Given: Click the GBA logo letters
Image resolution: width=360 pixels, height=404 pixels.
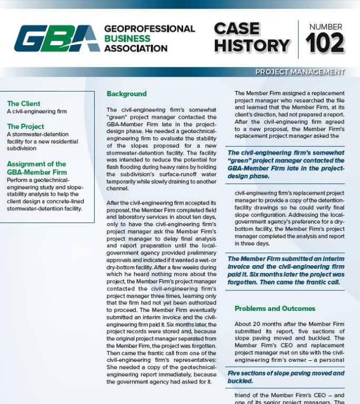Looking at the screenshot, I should (x=57, y=38).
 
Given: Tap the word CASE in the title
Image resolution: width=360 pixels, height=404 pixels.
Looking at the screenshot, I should (x=237, y=28).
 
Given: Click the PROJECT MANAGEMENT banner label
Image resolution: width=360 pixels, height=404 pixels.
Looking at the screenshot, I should (x=299, y=72).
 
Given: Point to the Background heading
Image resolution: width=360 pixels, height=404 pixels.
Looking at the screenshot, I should (x=126, y=94).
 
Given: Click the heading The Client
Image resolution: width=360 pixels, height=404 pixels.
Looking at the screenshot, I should (x=24, y=104).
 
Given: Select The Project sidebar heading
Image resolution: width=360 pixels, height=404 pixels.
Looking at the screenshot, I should (x=26, y=126).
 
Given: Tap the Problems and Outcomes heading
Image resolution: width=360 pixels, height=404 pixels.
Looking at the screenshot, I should (x=275, y=308).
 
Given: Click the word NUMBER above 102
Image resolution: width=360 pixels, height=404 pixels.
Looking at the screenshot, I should (x=325, y=27).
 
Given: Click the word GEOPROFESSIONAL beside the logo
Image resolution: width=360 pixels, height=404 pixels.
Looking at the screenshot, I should (x=149, y=28).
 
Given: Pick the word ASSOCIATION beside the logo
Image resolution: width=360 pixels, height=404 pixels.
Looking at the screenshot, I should (x=136, y=48).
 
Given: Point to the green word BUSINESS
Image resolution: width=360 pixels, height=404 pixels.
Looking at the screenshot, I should (x=127, y=38).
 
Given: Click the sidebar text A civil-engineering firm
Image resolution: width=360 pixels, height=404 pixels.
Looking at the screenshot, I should (x=37, y=112).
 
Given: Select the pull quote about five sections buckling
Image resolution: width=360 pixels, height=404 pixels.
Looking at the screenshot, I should (x=286, y=377).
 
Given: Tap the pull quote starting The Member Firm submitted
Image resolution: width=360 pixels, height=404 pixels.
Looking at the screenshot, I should (x=286, y=270).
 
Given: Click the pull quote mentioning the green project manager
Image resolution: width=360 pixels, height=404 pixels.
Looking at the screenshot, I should (x=286, y=164).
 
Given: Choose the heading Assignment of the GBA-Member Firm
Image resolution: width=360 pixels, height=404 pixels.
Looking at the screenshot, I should (x=36, y=168).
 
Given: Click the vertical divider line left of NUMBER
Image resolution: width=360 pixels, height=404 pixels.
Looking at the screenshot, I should (x=298, y=39).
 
